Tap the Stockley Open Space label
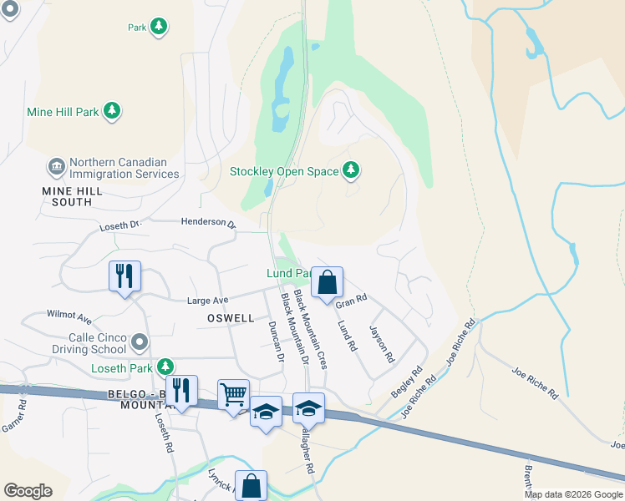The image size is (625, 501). (x=285, y=171)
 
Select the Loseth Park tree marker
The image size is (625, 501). (x=166, y=367)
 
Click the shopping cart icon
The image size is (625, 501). (x=233, y=393)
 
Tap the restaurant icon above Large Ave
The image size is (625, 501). (x=124, y=276)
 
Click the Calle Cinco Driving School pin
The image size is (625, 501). (x=140, y=342)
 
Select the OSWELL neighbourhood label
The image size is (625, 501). (x=230, y=318)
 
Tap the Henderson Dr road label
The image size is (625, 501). (x=210, y=222)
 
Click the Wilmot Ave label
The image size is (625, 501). (x=69, y=317)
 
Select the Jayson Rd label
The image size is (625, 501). (x=381, y=344)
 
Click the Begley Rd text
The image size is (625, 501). (x=408, y=382)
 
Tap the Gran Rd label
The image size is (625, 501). (x=351, y=301)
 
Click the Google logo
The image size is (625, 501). (x=28, y=491)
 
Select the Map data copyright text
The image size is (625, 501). (x=574, y=494)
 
